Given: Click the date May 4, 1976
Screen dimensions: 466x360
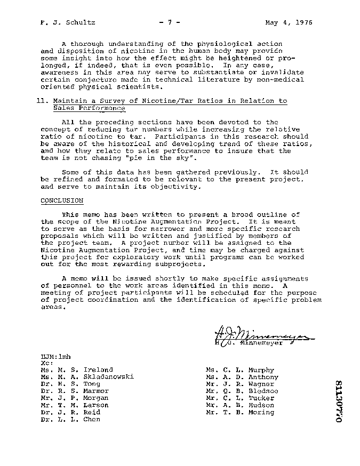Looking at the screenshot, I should (289, 23).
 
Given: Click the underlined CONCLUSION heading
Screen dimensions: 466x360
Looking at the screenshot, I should (62, 200).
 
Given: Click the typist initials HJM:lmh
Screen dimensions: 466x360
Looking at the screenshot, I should (55, 356).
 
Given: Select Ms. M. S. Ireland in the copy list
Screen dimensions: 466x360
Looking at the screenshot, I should (77, 370).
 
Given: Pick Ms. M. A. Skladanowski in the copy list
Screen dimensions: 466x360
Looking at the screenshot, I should (87, 377).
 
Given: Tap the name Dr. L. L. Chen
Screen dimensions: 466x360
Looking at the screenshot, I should (70, 419).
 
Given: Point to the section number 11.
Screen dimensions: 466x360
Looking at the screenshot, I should (45, 101).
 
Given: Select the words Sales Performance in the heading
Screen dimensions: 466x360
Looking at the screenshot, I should (89, 108).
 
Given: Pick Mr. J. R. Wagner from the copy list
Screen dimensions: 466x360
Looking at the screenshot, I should (239, 384).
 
